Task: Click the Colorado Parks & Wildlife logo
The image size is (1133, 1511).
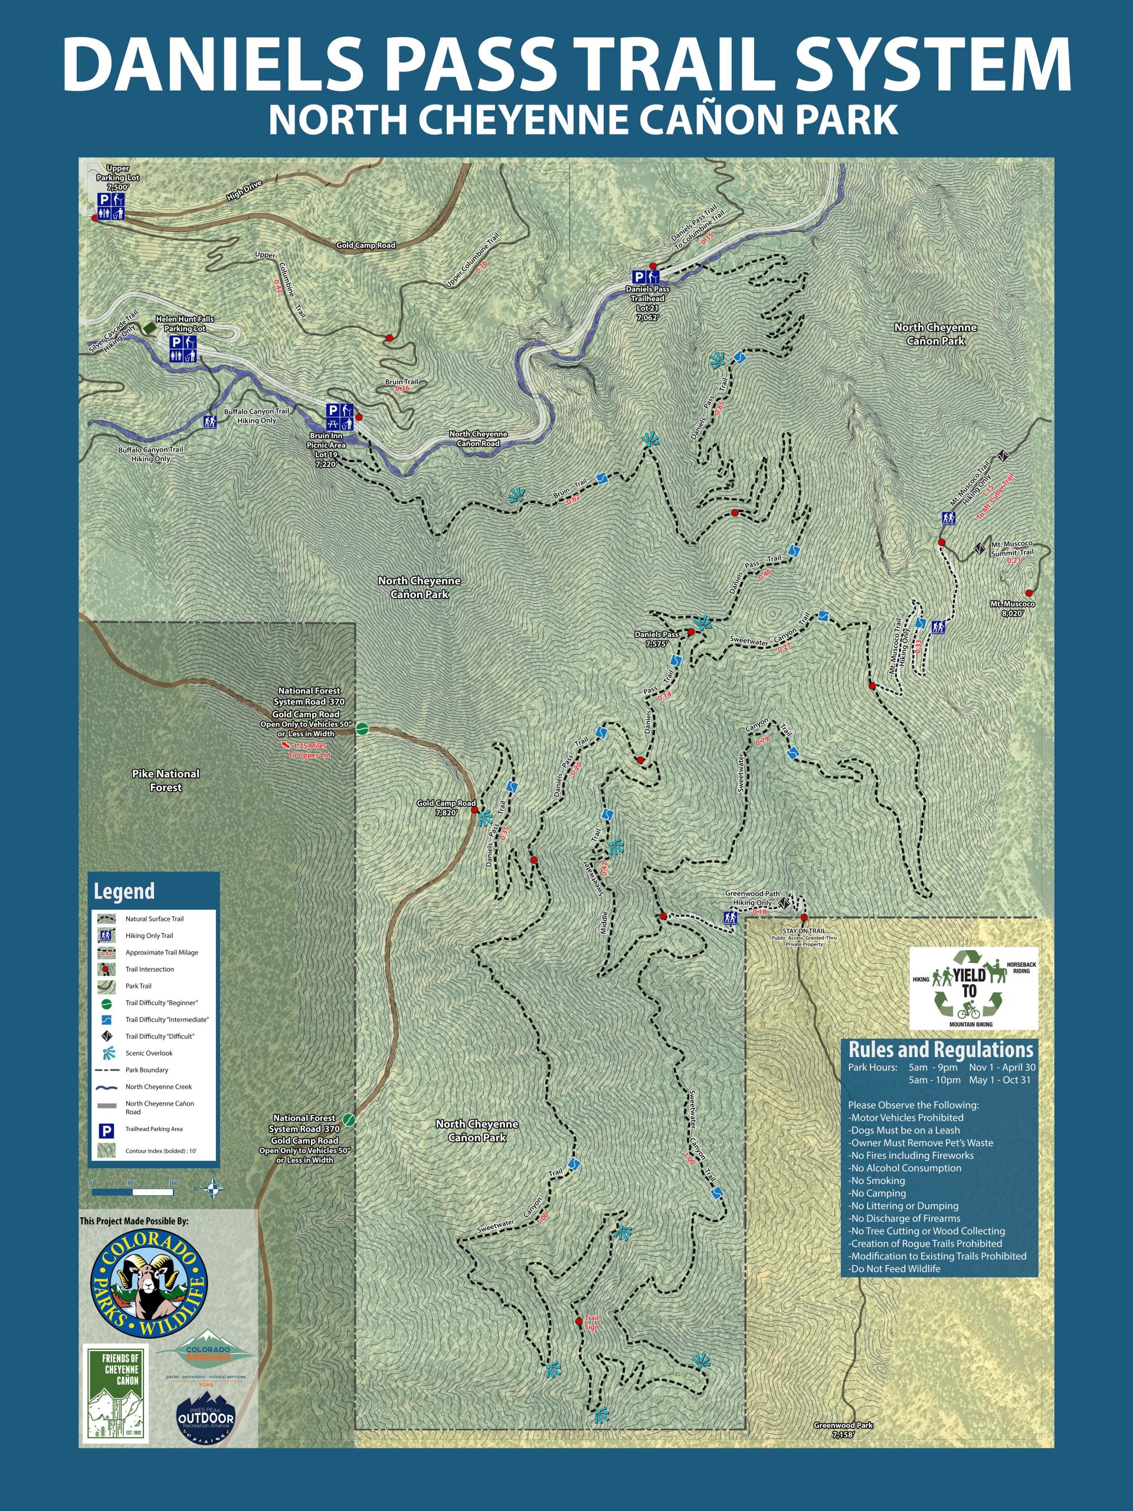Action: coord(149,1279)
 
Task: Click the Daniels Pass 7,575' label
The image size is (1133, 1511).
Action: coord(656,638)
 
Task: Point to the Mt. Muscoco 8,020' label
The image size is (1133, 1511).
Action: coord(1013,609)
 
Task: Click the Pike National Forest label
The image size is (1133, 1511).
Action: coord(166,780)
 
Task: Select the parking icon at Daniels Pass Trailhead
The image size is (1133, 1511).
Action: coord(638,277)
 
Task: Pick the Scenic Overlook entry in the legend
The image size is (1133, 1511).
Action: coord(148,1052)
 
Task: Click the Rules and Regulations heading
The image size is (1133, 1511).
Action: coord(941,1049)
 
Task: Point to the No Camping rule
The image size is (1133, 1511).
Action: coord(877,1193)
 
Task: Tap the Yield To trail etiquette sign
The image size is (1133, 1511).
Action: coord(973,987)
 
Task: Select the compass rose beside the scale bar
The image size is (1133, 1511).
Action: coord(214,1189)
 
